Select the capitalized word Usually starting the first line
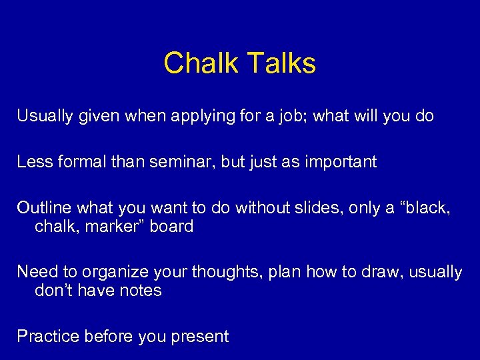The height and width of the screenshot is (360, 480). pyautogui.click(x=45, y=117)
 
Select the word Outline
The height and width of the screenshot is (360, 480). pyautogui.click(x=43, y=207)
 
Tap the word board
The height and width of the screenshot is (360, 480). pyautogui.click(x=171, y=227)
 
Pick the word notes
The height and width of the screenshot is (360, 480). pyautogui.click(x=140, y=291)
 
